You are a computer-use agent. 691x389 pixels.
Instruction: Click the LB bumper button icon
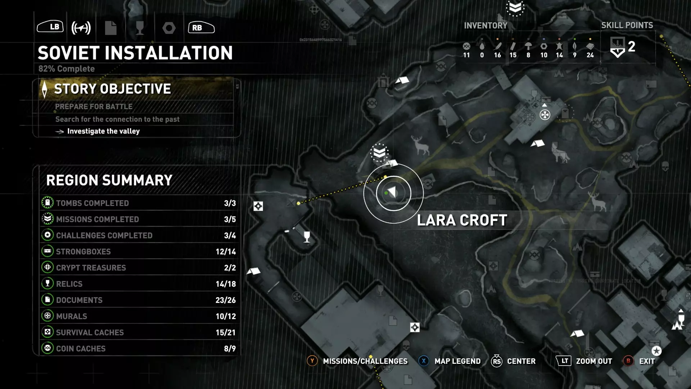click(50, 27)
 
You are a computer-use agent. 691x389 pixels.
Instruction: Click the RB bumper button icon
click(201, 27)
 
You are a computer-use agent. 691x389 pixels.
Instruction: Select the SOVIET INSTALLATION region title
click(135, 53)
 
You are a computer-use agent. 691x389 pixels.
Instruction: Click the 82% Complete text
click(67, 69)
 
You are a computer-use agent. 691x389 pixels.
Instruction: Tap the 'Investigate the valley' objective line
click(103, 131)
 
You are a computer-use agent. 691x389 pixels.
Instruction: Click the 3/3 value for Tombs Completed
click(230, 203)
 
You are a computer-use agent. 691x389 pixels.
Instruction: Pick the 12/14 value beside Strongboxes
click(226, 252)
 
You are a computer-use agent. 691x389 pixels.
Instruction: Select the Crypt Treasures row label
click(91, 268)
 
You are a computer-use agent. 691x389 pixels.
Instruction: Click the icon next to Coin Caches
click(48, 348)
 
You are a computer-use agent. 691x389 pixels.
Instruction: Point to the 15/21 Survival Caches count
click(226, 332)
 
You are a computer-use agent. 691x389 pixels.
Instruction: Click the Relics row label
click(69, 284)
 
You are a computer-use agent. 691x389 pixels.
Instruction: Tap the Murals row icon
click(48, 316)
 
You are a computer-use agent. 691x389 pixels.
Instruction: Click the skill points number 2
click(631, 47)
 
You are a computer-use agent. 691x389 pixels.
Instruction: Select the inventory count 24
click(590, 55)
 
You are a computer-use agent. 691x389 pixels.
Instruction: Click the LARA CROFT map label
click(462, 220)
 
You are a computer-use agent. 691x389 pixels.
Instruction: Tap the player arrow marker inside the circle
click(392, 192)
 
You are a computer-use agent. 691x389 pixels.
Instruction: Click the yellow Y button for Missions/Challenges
click(312, 361)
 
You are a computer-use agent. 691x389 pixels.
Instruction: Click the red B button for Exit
click(628, 361)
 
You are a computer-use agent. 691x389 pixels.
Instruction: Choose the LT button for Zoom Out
click(564, 361)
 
